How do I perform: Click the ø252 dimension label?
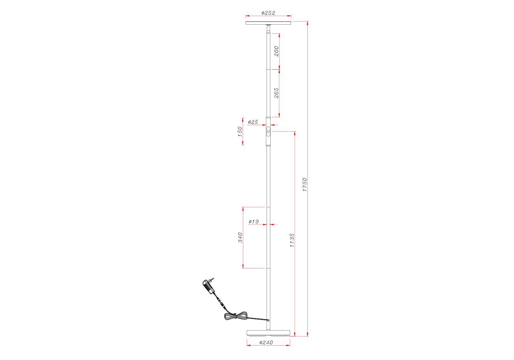pos(268,13)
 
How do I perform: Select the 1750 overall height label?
pos(305,184)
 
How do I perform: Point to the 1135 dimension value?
pos(292,240)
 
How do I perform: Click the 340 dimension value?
pos(240,238)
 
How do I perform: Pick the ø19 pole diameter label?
pos(254,221)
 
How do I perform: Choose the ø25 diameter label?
pos(253,122)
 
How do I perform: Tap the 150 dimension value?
pos(240,132)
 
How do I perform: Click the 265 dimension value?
pos(276,93)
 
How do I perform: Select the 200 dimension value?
pos(276,51)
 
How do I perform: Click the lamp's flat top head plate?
pos(268,23)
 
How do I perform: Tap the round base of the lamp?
pos(268,333)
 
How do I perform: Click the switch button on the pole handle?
pos(268,132)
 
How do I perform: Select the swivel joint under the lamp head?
pos(268,28)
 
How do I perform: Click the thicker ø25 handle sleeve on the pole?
pos(268,132)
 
